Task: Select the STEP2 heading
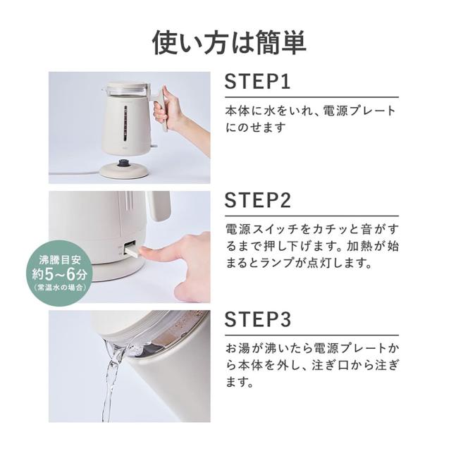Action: pyautogui.click(x=259, y=201)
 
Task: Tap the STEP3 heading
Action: pyautogui.click(x=259, y=320)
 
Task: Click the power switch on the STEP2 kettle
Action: pyautogui.click(x=130, y=248)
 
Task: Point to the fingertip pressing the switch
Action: pyautogui.click(x=145, y=251)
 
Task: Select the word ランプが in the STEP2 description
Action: pyautogui.click(x=305, y=264)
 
